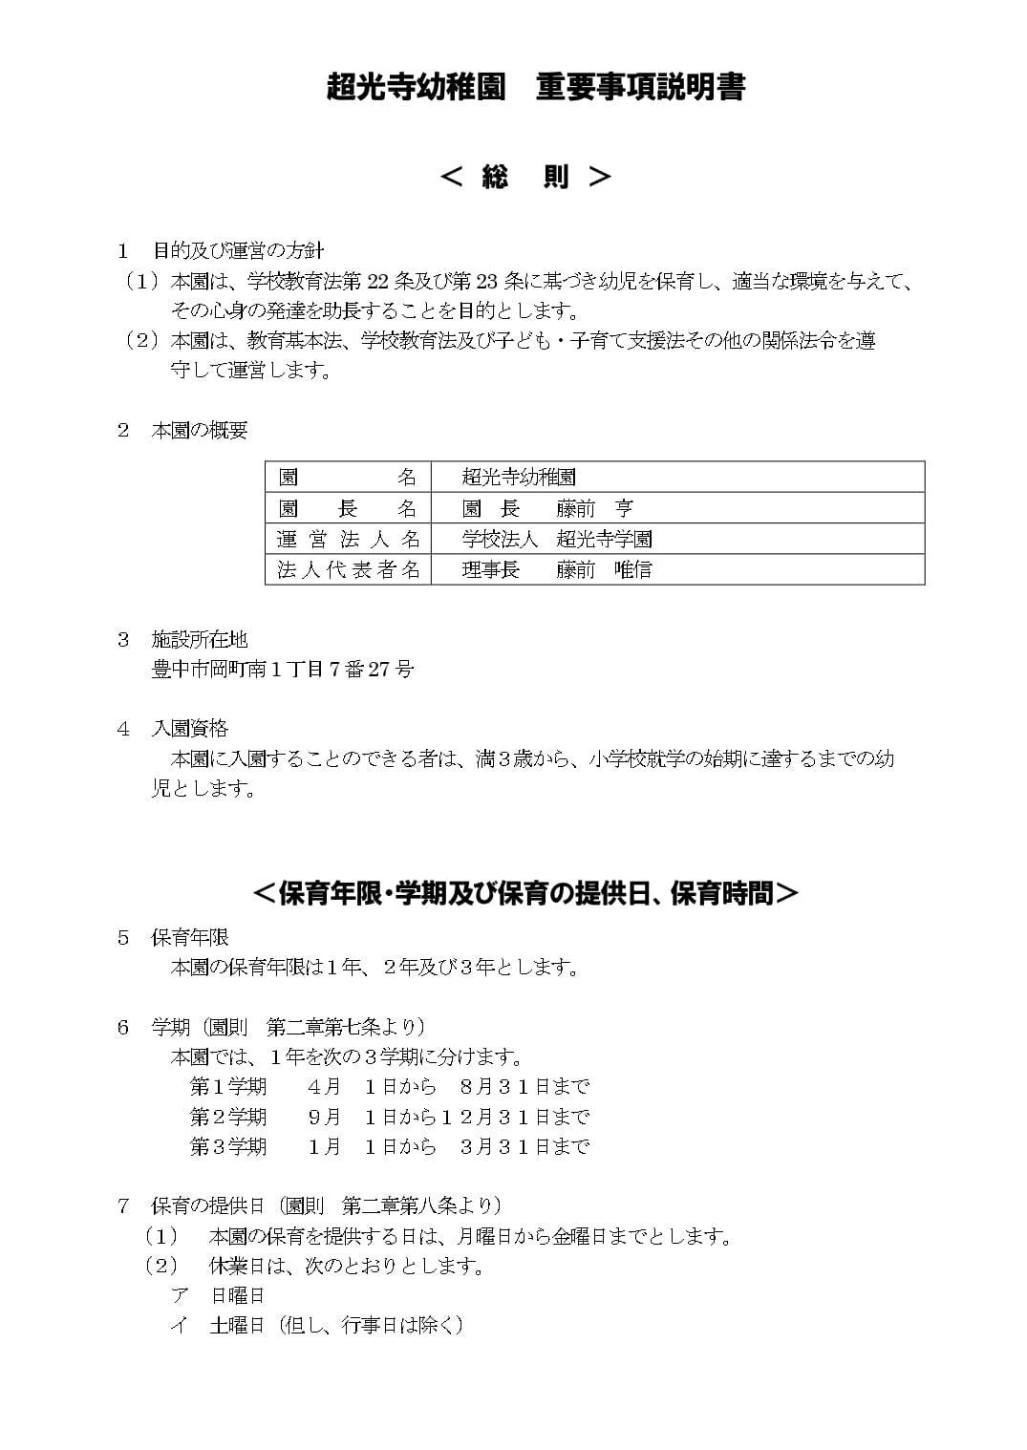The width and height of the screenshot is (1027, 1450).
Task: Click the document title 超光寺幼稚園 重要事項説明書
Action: (534, 87)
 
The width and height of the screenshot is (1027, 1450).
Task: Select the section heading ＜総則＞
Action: (524, 177)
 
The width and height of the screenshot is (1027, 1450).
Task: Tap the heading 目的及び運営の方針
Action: (238, 251)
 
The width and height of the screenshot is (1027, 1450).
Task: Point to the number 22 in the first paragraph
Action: (378, 282)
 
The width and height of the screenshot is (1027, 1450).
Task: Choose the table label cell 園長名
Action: (348, 508)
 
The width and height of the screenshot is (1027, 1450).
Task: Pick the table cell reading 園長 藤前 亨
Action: (547, 508)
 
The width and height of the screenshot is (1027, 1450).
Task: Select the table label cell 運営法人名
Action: (348, 539)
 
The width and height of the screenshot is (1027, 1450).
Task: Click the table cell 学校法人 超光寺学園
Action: (557, 539)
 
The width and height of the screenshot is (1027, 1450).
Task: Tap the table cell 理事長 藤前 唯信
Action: (557, 569)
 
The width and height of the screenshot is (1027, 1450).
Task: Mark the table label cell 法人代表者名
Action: (348, 569)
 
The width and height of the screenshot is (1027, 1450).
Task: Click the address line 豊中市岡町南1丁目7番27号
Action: (283, 670)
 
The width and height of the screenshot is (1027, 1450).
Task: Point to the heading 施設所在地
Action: (200, 639)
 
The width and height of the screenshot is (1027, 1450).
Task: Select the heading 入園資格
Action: (190, 729)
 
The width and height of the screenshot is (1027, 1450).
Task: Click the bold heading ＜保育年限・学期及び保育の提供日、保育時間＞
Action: (524, 893)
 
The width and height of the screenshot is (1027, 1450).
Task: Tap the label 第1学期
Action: (228, 1087)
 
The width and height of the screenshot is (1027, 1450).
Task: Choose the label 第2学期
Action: (228, 1117)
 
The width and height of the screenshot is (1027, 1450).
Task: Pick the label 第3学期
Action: (228, 1146)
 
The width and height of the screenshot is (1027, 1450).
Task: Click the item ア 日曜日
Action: (218, 1296)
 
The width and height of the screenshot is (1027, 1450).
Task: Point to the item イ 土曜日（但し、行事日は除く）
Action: (317, 1326)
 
